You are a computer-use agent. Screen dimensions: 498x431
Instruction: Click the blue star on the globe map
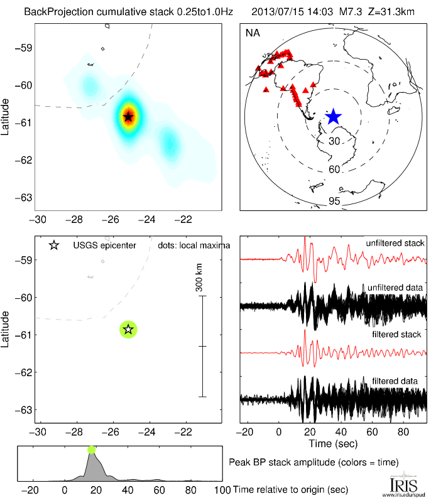click(333, 116)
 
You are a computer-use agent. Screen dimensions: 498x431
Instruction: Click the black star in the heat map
click(128, 116)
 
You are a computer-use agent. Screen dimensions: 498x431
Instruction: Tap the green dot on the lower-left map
click(128, 328)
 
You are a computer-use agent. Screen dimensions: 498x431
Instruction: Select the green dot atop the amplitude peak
click(92, 449)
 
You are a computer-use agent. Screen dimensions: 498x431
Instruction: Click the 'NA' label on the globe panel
click(253, 33)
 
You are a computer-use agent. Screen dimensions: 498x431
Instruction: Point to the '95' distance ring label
click(334, 201)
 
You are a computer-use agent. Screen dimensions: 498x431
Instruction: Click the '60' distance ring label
click(334, 170)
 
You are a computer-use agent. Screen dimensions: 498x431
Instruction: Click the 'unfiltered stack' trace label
click(395, 243)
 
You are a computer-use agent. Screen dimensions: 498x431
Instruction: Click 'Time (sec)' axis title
click(333, 444)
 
